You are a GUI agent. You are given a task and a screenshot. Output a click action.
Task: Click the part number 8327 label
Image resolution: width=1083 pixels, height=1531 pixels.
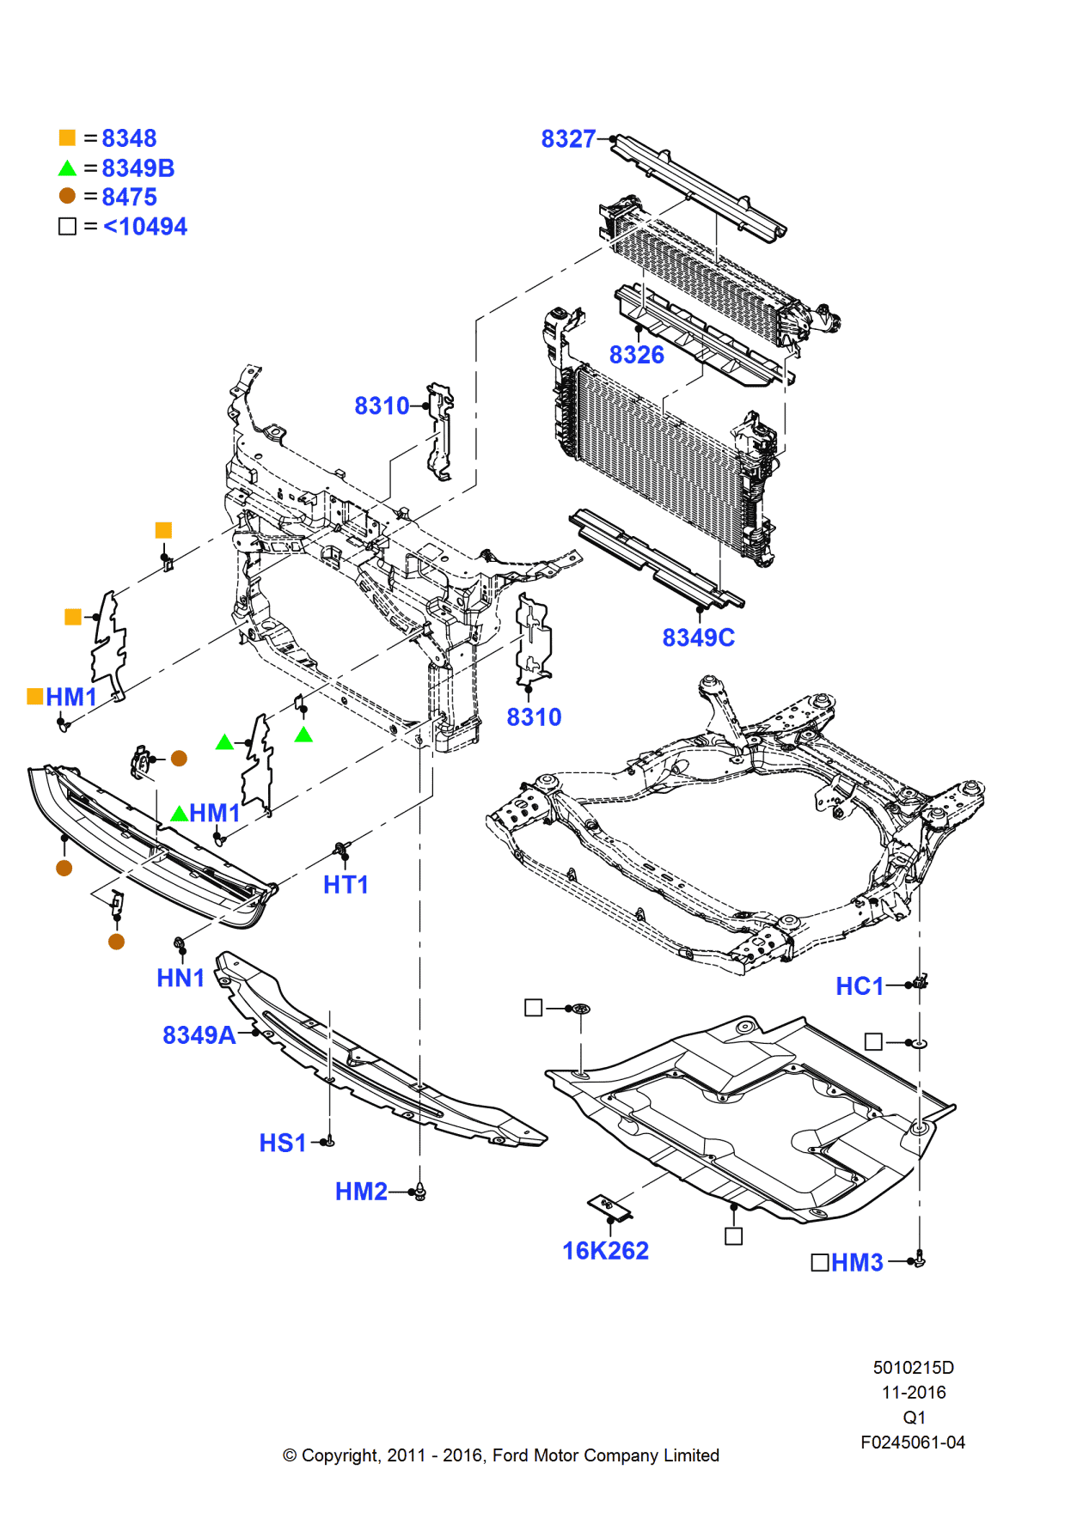567,139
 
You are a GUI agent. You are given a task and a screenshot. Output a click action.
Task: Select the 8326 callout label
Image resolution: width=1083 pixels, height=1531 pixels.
636,355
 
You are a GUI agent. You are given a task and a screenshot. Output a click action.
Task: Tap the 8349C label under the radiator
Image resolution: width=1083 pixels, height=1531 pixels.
698,637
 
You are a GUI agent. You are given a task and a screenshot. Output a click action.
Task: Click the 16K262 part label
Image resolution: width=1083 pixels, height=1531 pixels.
605,1251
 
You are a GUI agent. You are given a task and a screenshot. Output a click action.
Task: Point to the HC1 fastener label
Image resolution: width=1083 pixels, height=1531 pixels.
859,986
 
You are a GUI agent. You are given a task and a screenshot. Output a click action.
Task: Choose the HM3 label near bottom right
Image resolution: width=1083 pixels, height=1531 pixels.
857,1263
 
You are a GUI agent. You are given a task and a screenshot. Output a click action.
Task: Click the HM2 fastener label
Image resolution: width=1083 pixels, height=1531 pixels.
361,1192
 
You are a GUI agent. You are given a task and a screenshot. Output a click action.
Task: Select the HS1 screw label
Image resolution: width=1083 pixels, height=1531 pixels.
283,1144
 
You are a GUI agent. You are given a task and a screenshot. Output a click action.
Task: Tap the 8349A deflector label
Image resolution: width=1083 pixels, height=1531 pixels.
199,1035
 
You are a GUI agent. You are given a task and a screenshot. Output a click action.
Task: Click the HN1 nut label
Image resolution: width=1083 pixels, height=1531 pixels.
180,978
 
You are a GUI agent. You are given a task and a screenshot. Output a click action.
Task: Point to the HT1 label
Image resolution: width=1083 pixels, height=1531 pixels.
346,885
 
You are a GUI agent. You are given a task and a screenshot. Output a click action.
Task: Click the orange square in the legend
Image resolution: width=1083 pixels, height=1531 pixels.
67,137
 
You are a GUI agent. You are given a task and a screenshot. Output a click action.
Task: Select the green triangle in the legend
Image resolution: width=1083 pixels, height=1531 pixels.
67,168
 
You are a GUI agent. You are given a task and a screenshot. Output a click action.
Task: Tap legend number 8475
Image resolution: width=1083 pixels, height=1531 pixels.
129,198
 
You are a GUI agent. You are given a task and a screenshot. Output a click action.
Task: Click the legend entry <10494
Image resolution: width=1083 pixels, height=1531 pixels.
144,227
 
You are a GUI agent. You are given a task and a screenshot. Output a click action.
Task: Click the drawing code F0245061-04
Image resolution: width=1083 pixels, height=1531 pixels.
912,1443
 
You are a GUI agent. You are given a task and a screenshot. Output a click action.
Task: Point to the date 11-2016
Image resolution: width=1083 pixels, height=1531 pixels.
913,1393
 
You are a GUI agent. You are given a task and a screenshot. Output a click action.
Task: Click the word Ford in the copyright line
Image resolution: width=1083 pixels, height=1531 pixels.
511,1455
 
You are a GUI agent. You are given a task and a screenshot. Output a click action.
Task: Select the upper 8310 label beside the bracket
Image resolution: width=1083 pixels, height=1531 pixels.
382,406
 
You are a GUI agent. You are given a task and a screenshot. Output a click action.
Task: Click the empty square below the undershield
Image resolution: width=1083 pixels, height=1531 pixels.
733,1236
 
